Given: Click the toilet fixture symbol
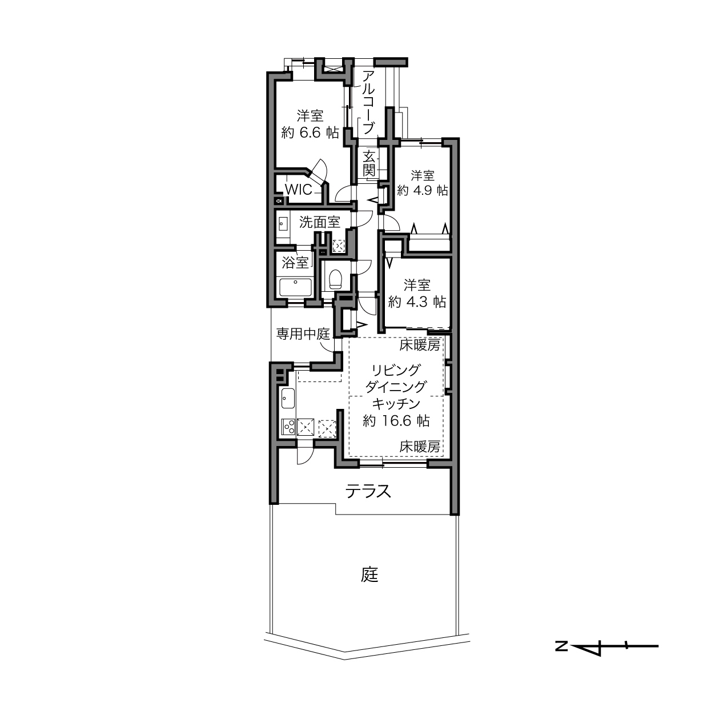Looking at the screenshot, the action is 336,279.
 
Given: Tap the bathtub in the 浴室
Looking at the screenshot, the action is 296,288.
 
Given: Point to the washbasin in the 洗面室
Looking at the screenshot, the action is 283,223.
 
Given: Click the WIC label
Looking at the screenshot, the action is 298,190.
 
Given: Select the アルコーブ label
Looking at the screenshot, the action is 368,103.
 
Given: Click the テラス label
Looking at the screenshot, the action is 368,492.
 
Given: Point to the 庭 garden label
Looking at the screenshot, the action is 369,575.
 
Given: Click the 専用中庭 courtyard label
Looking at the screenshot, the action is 303,334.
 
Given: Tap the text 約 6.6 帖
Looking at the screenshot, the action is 310,132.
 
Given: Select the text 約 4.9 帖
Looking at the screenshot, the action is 423,190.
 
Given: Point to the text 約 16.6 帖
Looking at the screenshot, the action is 396,421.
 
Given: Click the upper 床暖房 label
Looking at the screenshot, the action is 420,346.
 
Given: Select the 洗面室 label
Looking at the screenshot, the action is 320,222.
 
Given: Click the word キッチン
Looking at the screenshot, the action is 396,404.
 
